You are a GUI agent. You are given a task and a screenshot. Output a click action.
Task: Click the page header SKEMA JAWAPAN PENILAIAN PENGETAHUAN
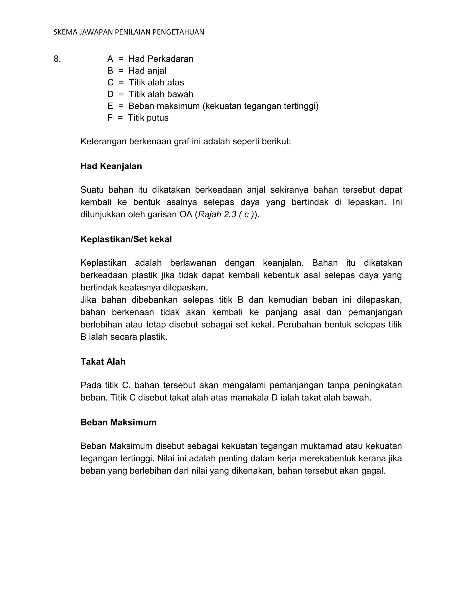click(129, 33)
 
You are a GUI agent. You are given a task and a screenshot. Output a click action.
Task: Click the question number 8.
click(57, 59)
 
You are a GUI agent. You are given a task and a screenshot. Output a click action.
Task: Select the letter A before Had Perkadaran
click(110, 59)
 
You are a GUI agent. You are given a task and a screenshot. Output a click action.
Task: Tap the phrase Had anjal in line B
click(147, 71)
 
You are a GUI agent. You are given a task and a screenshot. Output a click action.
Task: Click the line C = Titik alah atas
click(146, 82)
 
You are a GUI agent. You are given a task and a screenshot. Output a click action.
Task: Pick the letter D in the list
click(110, 94)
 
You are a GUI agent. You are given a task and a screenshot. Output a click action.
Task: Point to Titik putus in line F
click(148, 118)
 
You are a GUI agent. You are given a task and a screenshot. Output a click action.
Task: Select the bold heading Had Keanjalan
click(111, 166)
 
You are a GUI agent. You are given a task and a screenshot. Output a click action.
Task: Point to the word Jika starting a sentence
click(88, 300)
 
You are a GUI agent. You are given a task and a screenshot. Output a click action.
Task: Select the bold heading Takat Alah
click(103, 362)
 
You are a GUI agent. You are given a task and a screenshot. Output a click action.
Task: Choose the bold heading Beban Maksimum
click(118, 423)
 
